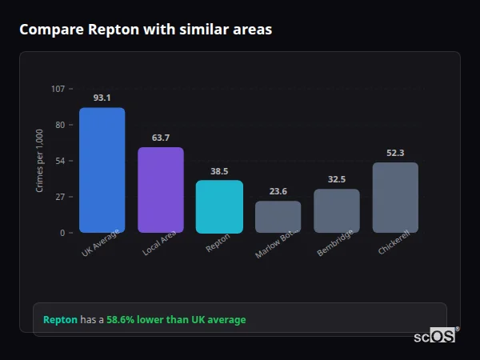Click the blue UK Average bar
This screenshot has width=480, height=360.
102,170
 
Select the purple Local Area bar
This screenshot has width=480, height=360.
161,190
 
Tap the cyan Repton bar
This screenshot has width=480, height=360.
219,206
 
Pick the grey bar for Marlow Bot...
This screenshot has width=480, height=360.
278,217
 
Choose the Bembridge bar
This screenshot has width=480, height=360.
337,210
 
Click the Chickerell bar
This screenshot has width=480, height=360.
395,198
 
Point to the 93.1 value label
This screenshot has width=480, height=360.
102,98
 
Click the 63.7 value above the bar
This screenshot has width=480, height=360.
161,138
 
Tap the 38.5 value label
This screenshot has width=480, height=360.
219,171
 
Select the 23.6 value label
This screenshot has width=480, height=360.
278,191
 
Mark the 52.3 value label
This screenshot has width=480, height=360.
395,153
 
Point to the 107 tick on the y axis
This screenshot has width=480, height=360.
58,89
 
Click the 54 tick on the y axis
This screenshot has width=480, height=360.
60,161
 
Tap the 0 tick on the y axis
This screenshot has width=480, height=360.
62,233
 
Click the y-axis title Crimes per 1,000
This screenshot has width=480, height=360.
40,161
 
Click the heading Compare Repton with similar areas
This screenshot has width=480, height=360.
146,30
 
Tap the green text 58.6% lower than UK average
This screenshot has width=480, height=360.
176,319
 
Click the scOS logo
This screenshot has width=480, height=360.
434,336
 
